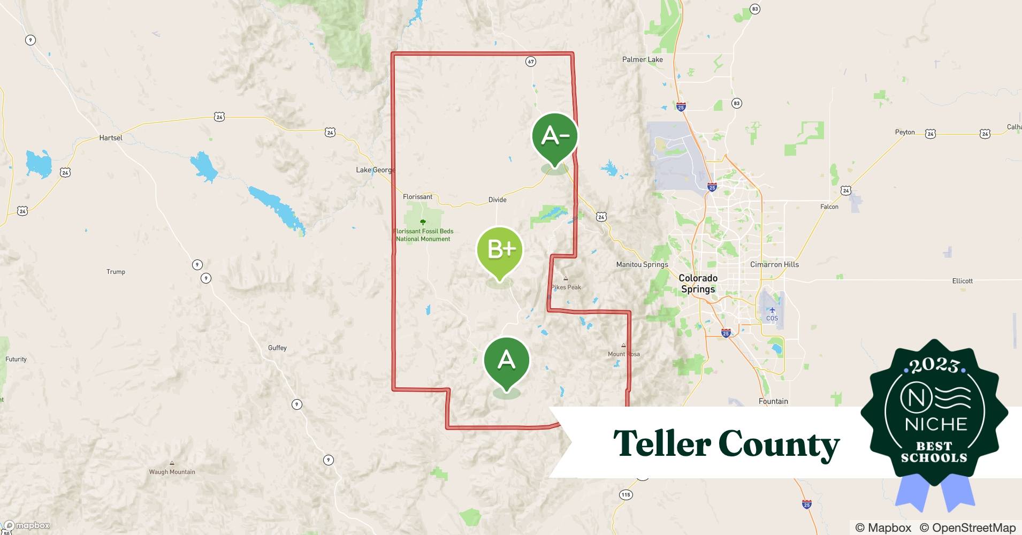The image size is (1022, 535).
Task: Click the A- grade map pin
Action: click(555, 137)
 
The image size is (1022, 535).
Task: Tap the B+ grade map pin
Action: click(500, 250)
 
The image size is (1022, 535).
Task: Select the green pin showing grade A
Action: click(506, 361)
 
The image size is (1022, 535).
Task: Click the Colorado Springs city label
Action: click(698, 284)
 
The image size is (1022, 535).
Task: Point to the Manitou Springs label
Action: click(642, 264)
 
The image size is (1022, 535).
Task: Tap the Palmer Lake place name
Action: click(642, 59)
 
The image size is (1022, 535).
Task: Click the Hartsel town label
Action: click(111, 137)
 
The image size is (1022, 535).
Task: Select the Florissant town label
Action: click(417, 197)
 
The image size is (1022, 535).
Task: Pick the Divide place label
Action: click(497, 200)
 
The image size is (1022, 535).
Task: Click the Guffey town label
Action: click(277, 348)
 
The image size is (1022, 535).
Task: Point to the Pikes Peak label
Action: click(566, 287)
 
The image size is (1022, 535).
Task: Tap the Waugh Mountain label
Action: click(172, 472)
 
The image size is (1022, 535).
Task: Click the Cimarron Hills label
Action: click(774, 264)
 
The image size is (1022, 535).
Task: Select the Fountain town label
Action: click(773, 401)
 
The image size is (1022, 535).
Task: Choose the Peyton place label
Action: click(905, 132)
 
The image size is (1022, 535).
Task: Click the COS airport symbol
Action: click(772, 311)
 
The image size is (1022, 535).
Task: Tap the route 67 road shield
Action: click(530, 62)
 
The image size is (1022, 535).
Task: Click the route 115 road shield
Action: click(626, 494)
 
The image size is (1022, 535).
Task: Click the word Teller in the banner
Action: click(662, 444)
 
